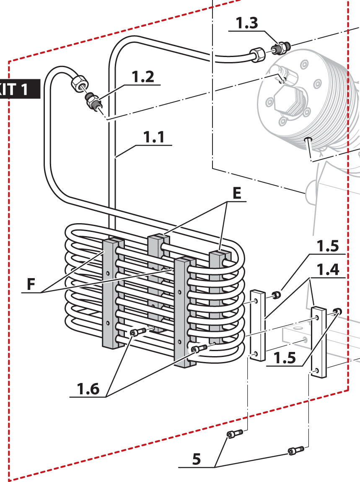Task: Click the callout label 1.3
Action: coord(247,23)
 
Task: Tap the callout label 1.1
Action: coord(154,137)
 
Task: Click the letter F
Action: coord(31,284)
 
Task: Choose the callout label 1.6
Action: coord(88,389)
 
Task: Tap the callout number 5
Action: coord(197,459)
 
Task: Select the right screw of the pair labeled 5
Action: coord(295,451)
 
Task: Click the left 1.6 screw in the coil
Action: coord(137,332)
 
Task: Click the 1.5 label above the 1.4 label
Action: coord(326,245)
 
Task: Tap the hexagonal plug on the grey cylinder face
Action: coord(289,103)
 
